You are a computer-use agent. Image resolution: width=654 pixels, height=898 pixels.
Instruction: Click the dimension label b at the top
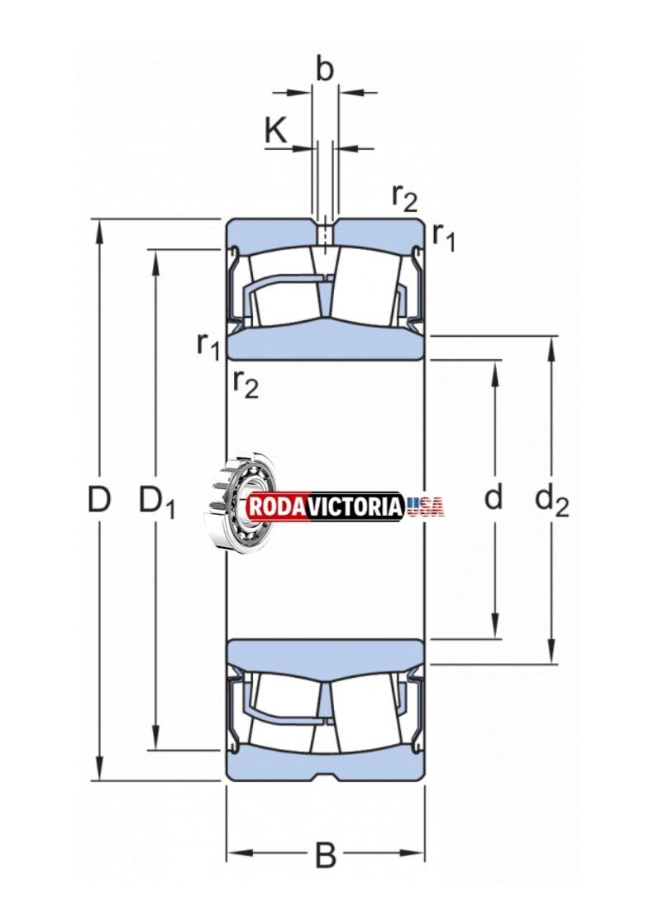pyautogui.click(x=324, y=69)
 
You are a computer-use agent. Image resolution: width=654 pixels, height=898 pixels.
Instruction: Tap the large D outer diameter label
pyautogui.click(x=99, y=499)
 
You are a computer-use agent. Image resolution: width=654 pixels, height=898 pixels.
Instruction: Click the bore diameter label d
pyautogui.click(x=493, y=496)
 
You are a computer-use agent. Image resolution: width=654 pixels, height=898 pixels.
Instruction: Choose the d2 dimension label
pyautogui.click(x=551, y=500)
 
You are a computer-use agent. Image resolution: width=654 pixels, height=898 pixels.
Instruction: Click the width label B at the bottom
pyautogui.click(x=326, y=856)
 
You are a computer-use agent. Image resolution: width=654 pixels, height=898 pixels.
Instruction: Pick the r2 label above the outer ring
pyautogui.click(x=404, y=198)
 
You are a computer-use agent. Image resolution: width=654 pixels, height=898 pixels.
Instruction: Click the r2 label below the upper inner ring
pyautogui.click(x=246, y=384)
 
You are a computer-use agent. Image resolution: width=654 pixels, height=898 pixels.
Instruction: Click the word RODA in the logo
pyautogui.click(x=276, y=507)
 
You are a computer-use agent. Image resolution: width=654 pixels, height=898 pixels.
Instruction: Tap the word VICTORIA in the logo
pyautogui.click(x=356, y=507)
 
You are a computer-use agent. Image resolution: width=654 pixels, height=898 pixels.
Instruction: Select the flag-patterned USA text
pyautogui.click(x=426, y=507)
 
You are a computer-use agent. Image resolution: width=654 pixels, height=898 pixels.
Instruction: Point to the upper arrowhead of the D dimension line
pyautogui.click(x=99, y=228)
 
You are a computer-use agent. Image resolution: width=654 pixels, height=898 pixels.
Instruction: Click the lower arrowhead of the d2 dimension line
pyautogui.click(x=551, y=655)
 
